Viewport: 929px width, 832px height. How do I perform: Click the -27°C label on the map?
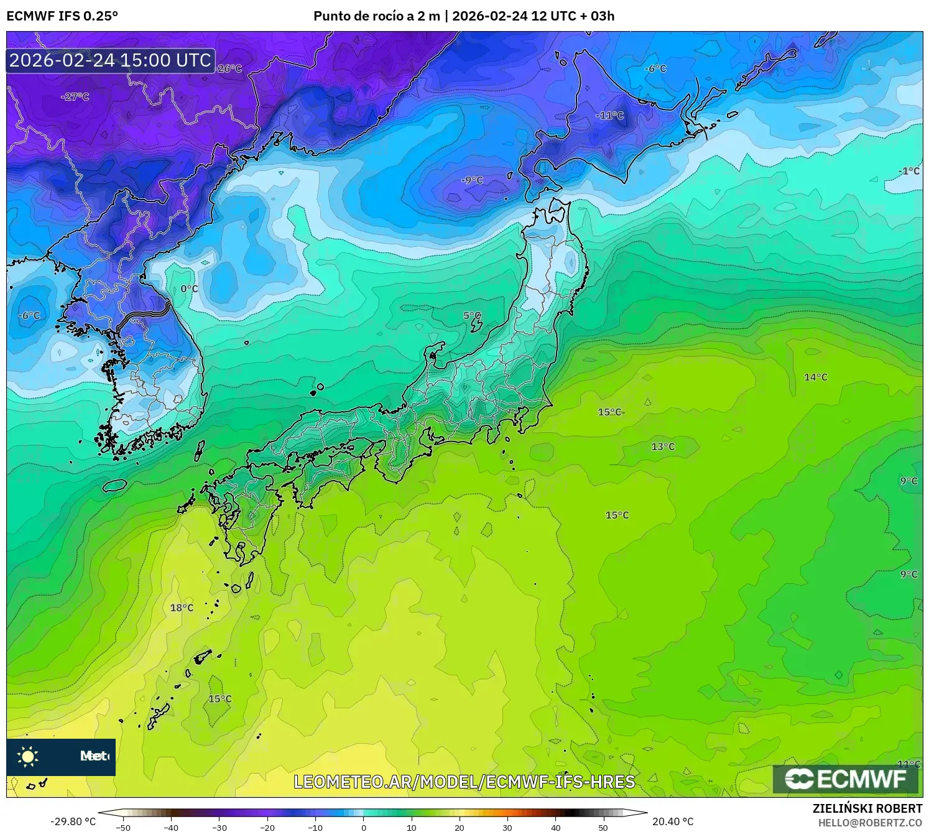click(75, 97)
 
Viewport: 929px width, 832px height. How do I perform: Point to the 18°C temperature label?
click(182, 608)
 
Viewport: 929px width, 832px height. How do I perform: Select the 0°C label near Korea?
click(189, 289)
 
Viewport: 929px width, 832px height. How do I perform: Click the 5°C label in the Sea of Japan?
click(472, 316)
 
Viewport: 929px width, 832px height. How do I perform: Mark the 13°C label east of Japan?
click(663, 446)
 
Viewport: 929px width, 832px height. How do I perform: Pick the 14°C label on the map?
click(815, 377)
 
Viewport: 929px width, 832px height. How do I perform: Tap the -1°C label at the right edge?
click(909, 171)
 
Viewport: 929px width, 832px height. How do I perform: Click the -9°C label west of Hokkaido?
click(472, 180)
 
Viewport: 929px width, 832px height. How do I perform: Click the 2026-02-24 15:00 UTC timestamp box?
click(111, 60)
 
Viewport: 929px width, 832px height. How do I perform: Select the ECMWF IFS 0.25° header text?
click(62, 16)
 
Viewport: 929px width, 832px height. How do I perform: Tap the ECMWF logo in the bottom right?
click(846, 779)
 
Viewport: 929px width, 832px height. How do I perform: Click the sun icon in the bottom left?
click(28, 756)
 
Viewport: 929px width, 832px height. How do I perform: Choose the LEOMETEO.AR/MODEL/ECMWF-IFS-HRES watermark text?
click(464, 782)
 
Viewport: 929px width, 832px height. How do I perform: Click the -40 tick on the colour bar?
click(171, 828)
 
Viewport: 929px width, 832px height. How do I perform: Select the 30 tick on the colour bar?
click(507, 828)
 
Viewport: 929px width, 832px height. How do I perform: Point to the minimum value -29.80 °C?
click(73, 821)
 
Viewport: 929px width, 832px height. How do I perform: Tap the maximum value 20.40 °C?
click(673, 821)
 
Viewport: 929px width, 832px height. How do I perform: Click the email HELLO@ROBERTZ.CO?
click(870, 823)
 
